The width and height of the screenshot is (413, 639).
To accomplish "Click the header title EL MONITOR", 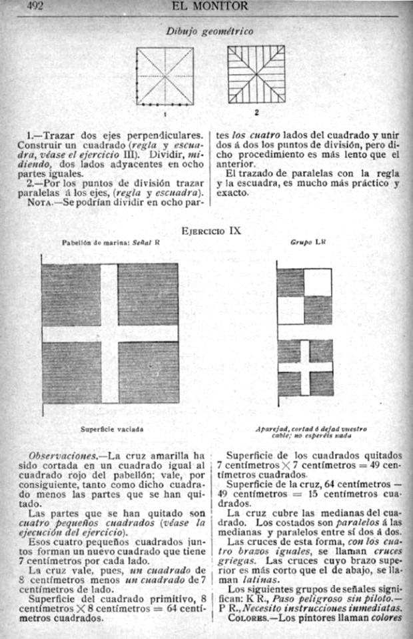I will [x=208, y=6].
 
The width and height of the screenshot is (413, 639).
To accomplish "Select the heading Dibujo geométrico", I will [x=209, y=31].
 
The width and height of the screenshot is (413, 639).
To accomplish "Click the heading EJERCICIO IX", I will [x=210, y=231].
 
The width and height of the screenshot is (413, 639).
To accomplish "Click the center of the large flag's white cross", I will [x=109, y=333].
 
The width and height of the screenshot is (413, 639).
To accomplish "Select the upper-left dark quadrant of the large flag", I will [x=71, y=294].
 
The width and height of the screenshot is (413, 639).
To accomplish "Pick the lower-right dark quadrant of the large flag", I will [x=148, y=372].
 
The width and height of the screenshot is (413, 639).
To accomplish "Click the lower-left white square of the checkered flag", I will [x=290, y=311].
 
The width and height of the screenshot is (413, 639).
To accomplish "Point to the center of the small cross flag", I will [x=305, y=368].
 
